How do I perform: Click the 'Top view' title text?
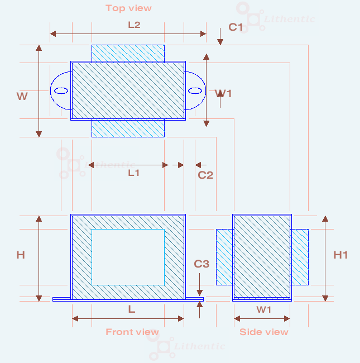point(128,8)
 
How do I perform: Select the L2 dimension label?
point(134,25)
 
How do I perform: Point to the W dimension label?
point(22,97)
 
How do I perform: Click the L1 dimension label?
point(134,173)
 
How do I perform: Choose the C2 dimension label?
point(205,175)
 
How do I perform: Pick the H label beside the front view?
point(21,255)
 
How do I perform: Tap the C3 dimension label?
point(201,264)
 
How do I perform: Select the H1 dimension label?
point(340,255)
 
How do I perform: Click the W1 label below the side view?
point(264,309)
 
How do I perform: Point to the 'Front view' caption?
point(132,332)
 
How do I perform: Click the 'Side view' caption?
point(264,332)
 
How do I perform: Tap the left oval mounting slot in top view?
point(60,91)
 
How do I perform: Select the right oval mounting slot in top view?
point(195,91)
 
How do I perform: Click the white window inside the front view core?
point(128,257)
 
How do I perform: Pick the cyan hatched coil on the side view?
point(300,256)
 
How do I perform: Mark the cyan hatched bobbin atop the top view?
point(128,54)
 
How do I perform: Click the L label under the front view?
point(132,308)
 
